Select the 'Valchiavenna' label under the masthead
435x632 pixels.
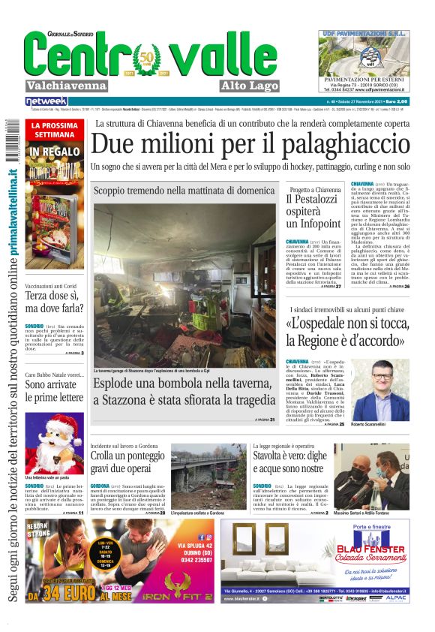pyautogui.click(x=66, y=86)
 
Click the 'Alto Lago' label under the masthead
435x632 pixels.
pyautogui.click(x=250, y=86)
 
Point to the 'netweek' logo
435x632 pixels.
pyautogui.click(x=46, y=101)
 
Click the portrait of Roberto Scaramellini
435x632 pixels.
pyautogui.click(x=390, y=390)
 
